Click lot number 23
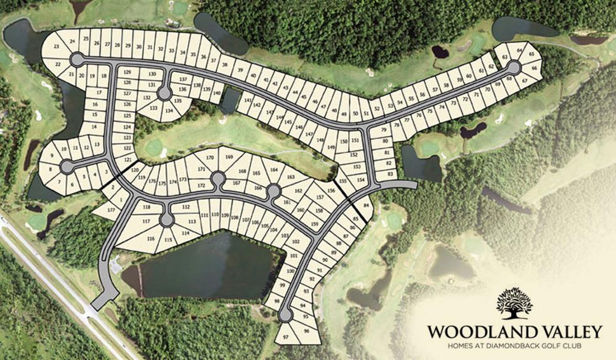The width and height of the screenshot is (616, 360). [57, 47]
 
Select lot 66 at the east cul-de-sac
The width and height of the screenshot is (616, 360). [533, 68]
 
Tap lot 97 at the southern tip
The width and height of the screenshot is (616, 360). [285, 338]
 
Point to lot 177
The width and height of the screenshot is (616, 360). [111, 210]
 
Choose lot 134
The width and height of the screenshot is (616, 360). [168, 111]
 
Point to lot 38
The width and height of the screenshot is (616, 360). [225, 64]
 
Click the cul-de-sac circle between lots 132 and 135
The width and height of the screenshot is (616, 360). [164, 93]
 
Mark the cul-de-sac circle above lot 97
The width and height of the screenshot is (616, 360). [285, 317]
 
